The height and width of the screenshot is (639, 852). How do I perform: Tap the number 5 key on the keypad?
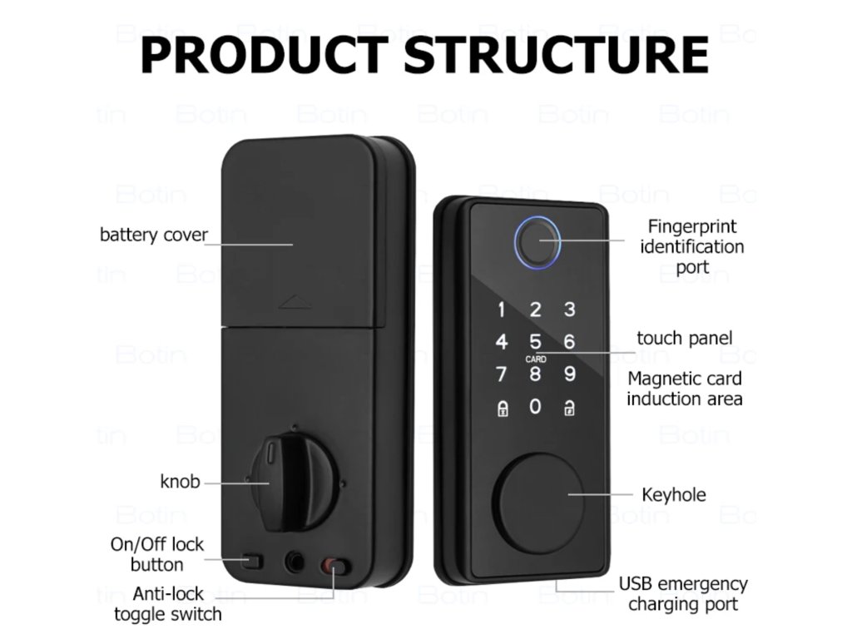click(x=535, y=342)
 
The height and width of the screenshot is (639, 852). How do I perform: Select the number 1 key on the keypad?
click(x=501, y=310)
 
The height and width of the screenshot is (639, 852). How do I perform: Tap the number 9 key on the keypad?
click(x=569, y=374)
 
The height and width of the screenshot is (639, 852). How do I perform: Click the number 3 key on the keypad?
click(x=569, y=310)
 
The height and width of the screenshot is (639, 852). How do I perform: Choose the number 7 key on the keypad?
click(x=501, y=374)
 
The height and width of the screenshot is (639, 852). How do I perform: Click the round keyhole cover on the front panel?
click(x=531, y=493)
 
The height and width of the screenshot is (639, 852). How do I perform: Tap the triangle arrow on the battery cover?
click(x=294, y=301)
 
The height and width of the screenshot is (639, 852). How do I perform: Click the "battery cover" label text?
click(x=153, y=235)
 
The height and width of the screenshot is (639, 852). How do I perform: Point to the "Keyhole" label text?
click(x=673, y=495)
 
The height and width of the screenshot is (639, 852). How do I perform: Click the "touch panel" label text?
click(x=684, y=338)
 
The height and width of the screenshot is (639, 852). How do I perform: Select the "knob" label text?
click(x=180, y=481)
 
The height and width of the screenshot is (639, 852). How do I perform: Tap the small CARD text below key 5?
click(x=536, y=359)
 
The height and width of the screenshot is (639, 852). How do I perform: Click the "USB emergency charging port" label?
click(x=682, y=594)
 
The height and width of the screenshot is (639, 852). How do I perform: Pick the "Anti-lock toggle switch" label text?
click(x=168, y=605)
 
